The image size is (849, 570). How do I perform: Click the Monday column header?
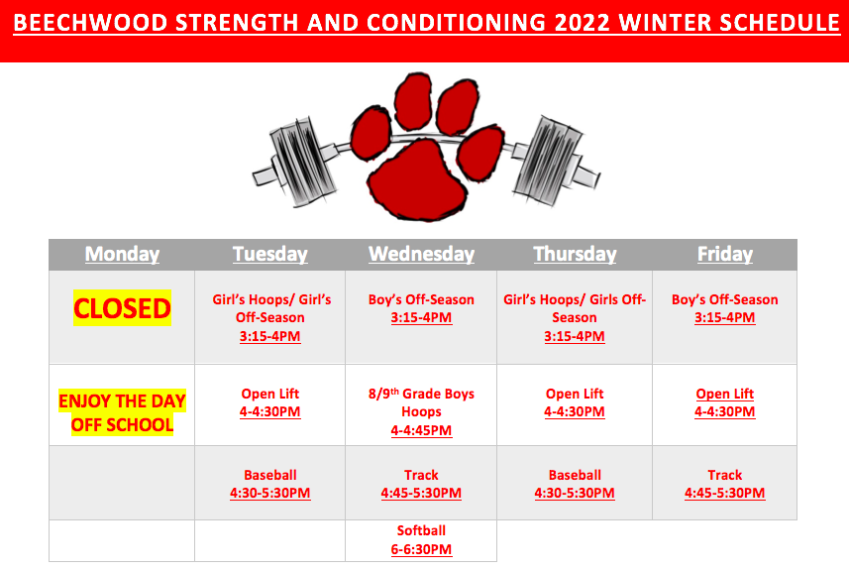tap(122, 254)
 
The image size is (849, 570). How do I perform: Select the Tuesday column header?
tap(270, 254)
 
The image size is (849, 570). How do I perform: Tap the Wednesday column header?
tap(421, 254)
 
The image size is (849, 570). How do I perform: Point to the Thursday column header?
tap(575, 254)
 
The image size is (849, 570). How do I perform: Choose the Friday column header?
tap(725, 254)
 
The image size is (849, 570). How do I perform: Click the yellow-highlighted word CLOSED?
tap(123, 308)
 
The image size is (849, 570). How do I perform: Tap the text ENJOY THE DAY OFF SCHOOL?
tap(123, 412)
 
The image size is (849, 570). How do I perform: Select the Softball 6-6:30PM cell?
tap(421, 540)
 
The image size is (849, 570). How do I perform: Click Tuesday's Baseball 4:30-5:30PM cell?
tap(270, 484)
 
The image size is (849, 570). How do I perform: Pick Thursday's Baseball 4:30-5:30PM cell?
tap(575, 484)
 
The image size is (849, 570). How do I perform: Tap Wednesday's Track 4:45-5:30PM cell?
tap(421, 484)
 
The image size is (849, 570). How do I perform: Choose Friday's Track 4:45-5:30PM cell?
tap(725, 484)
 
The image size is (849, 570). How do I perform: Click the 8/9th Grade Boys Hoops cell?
tap(421, 411)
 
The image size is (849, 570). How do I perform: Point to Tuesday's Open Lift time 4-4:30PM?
tap(270, 411)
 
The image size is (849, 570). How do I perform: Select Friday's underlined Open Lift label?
tap(725, 394)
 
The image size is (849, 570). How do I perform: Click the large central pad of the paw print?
tap(417, 179)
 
